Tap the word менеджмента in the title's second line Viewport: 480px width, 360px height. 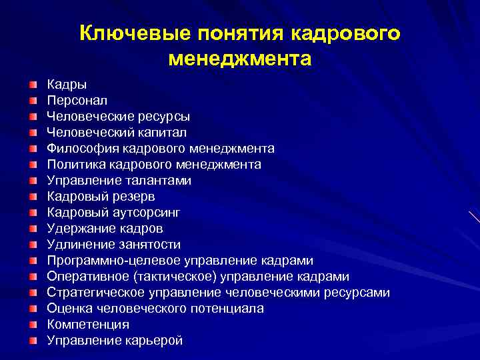(240, 59)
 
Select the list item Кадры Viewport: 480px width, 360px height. (67, 85)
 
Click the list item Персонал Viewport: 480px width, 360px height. (73, 101)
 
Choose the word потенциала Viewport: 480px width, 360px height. (230, 309)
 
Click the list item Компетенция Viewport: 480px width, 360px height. (88, 325)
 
